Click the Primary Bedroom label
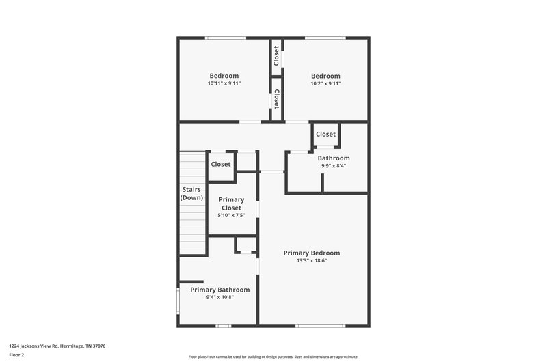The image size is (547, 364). click(311, 253)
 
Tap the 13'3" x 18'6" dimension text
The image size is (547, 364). click(311, 260)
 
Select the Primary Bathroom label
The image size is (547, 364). click(224, 290)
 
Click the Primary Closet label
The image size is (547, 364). click(231, 204)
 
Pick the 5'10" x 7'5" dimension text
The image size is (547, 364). click(231, 215)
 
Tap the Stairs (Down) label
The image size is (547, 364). click(191, 193)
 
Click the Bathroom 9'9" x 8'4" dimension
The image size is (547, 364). click(334, 165)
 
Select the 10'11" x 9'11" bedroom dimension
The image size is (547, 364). click(224, 83)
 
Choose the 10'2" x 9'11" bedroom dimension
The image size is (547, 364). click(325, 83)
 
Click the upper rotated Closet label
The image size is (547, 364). click(277, 56)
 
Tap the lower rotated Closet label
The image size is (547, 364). click(277, 99)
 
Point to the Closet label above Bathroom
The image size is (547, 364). click(325, 135)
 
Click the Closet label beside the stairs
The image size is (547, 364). click(220, 164)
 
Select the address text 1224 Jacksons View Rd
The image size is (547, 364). click(57, 346)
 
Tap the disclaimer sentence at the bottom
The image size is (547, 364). click(273, 356)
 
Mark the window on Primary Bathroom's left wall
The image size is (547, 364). click(178, 300)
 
